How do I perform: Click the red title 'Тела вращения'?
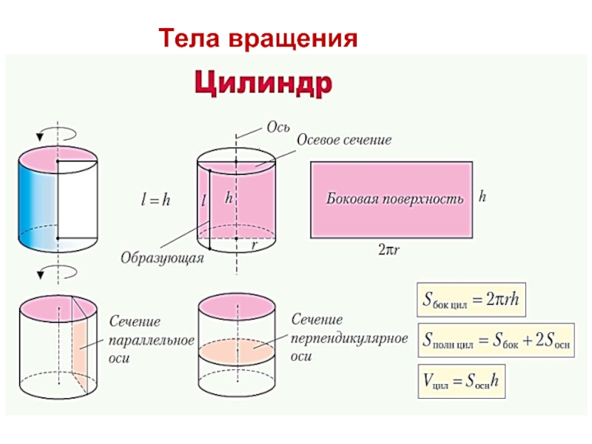[258, 38]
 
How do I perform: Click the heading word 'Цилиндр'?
[263, 84]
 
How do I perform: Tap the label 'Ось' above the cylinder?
[278, 127]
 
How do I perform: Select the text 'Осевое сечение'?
[344, 140]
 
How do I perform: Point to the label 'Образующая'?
[162, 258]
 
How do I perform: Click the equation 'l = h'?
[155, 199]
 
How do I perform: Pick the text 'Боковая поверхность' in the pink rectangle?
[395, 199]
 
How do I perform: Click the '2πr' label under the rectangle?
[388, 249]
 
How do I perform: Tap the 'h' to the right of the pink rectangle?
[482, 196]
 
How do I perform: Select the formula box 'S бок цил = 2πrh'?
[471, 300]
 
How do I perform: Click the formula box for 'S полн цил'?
[496, 340]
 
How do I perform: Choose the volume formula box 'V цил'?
[461, 381]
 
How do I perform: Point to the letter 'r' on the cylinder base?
[255, 245]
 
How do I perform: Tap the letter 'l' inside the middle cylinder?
[203, 200]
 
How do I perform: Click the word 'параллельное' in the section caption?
[152, 340]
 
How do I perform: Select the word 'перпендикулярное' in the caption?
[349, 338]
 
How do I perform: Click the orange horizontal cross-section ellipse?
[237, 351]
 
